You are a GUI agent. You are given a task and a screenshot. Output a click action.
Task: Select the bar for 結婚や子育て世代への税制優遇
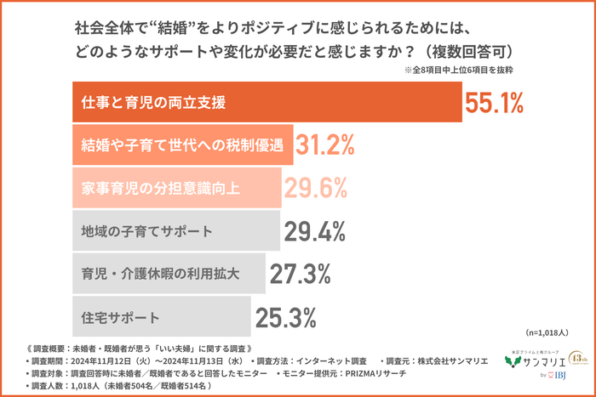tap(179, 145)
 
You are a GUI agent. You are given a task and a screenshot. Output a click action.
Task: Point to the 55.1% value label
tap(493, 103)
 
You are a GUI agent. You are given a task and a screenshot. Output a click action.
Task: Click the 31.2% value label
tap(325, 145)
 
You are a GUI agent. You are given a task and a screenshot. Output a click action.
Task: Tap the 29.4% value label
tap(313, 231)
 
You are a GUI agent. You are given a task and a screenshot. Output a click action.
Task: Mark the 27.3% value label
tap(300, 274)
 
